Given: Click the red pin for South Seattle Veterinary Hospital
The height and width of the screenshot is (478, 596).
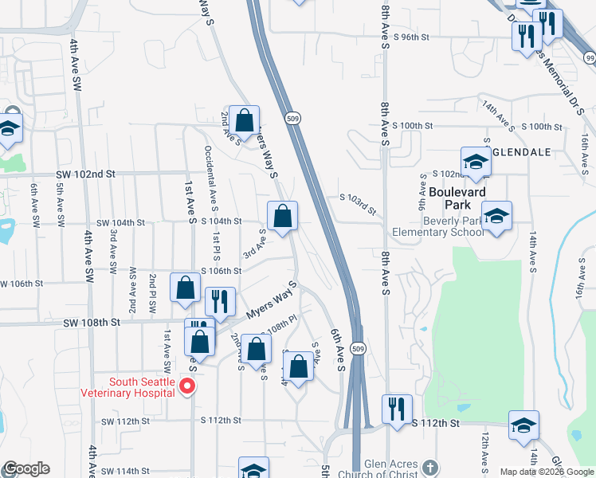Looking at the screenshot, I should pos(188,386).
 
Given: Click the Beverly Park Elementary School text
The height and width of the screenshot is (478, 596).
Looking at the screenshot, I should pos(437,225).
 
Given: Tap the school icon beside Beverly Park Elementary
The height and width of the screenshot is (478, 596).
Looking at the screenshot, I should pos(496,217).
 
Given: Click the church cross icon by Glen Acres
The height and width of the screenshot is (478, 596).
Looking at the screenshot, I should pos(430,467).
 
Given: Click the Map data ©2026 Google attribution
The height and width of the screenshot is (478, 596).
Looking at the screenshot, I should pos(547,472).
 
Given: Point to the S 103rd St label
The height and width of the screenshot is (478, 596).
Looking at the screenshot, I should pos(357,203).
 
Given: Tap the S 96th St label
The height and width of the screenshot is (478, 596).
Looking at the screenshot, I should pos(411,37).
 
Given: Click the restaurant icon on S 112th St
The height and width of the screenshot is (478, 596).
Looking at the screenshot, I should pos(397,409).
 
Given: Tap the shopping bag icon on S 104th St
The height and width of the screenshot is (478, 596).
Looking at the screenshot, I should pos(282,216).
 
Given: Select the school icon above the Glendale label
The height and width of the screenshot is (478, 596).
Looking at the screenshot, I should pos(476,162).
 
